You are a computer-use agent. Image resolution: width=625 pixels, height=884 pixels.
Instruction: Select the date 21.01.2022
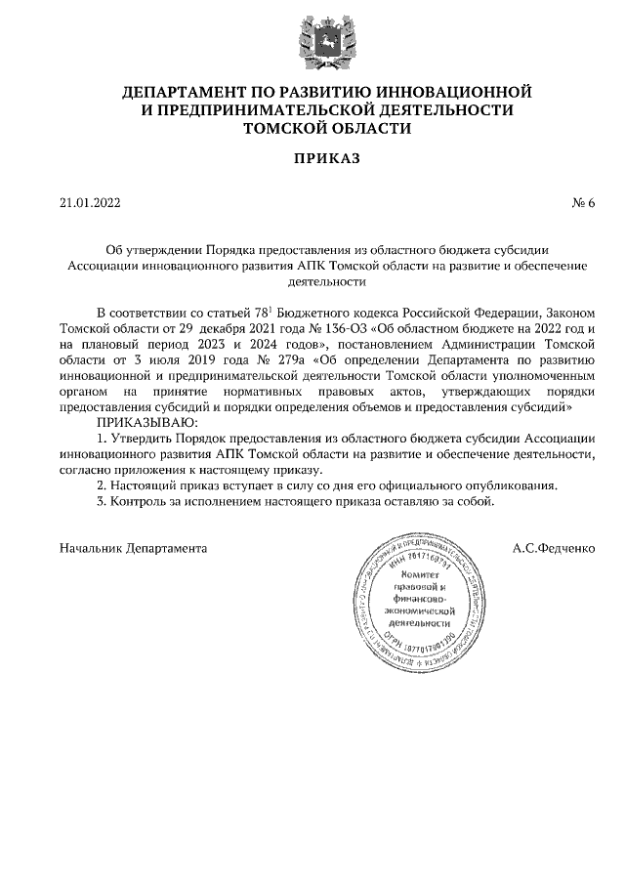tap(90, 203)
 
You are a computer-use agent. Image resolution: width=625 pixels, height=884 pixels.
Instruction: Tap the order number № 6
tap(583, 203)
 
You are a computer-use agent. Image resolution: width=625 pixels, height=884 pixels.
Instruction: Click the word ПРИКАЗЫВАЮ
tap(146, 421)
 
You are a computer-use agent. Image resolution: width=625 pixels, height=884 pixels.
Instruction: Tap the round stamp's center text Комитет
tap(424, 577)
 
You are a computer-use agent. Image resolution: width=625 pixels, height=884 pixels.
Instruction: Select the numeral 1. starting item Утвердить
tap(103, 438)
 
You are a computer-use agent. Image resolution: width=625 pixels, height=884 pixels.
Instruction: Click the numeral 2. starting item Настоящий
tap(103, 485)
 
